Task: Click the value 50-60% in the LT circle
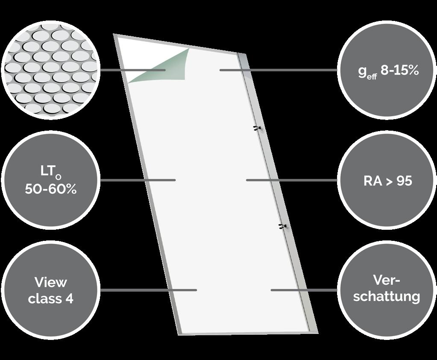[50, 189]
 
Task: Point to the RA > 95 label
[387, 181]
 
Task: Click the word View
[50, 282]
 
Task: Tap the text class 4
[50, 298]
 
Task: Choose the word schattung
[387, 296]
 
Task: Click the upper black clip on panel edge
[257, 128]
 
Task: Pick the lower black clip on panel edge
[282, 226]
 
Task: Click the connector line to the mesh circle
[132, 70]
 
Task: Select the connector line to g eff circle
[278, 70]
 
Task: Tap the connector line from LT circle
[137, 180]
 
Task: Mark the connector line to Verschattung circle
[303, 290]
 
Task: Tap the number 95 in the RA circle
[404, 181]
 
